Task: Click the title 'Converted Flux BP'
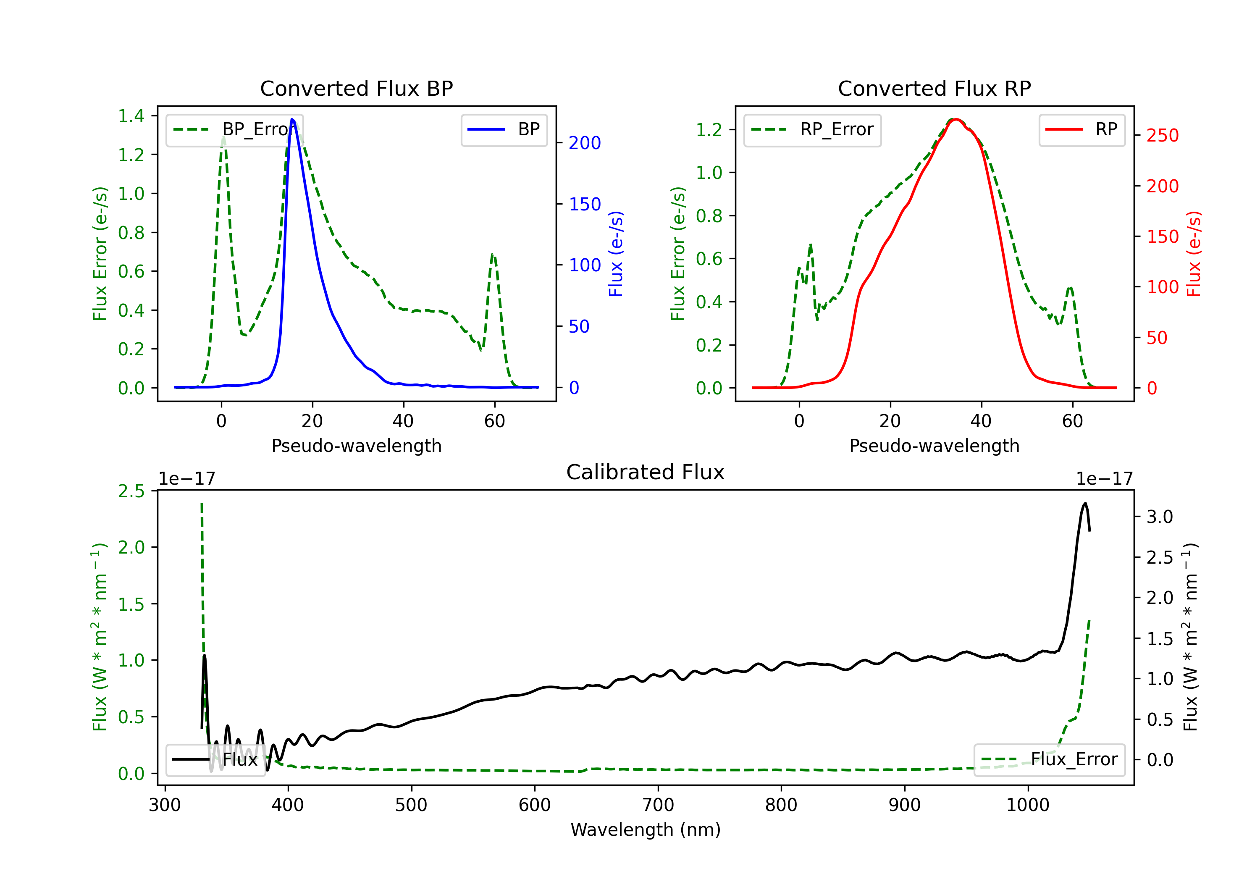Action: [356, 88]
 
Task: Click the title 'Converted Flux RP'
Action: [934, 88]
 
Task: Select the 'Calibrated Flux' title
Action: [646, 472]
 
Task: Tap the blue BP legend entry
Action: [504, 129]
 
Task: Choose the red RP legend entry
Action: [1081, 129]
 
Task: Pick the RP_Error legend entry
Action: [812, 129]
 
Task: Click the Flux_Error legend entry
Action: [1049, 760]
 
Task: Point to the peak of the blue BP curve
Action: [292, 119]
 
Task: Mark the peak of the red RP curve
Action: [955, 119]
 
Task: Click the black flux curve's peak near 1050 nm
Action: [1085, 503]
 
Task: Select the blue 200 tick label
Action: [585, 143]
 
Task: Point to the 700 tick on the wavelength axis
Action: [658, 805]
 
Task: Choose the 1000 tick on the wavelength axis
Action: [1028, 805]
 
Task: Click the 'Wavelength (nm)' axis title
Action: [646, 829]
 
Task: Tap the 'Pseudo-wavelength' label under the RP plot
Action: [934, 446]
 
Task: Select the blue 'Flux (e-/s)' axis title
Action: [616, 254]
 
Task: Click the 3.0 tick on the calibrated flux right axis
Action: [1160, 517]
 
